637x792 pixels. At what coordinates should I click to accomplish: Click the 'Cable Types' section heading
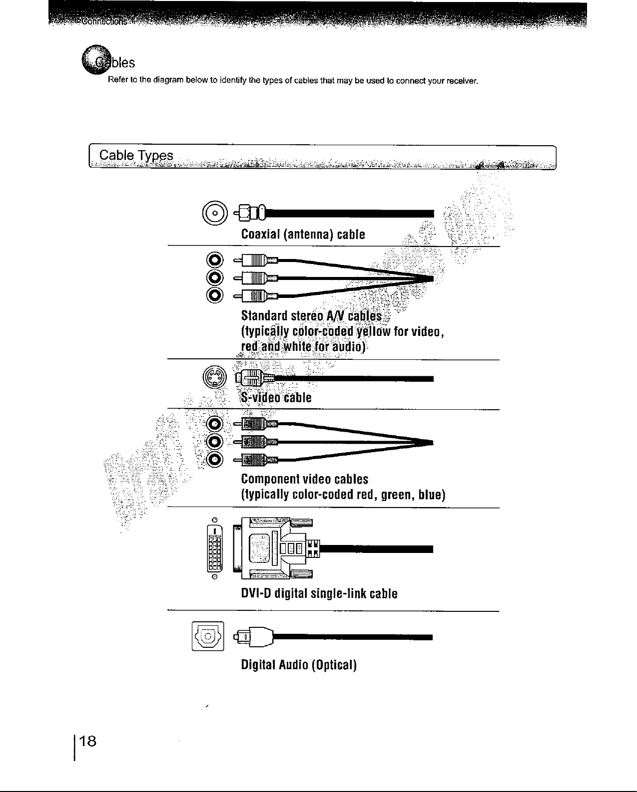point(136,156)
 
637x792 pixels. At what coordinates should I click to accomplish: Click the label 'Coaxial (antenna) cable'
point(303,234)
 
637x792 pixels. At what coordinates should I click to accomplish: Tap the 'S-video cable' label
point(276,398)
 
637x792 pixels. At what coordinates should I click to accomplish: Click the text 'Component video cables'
point(304,479)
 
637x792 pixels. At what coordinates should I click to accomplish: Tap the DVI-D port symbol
point(214,548)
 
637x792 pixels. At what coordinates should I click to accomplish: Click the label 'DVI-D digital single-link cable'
point(319,593)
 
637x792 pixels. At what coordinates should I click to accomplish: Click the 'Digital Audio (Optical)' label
point(298,665)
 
